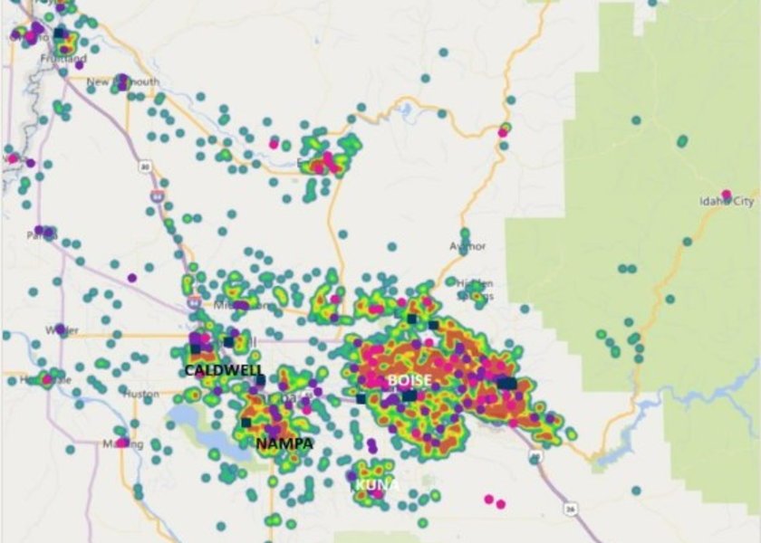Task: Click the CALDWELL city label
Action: (224, 370)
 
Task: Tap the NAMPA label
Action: (284, 443)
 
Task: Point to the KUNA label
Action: (377, 485)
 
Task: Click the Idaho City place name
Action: (727, 202)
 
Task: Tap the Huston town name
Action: (141, 394)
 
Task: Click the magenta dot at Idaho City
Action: (726, 194)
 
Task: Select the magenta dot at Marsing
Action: (122, 443)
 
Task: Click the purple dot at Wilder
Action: (60, 329)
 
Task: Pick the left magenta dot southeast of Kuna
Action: (489, 499)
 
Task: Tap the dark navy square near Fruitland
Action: (59, 33)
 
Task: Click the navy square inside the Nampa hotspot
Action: (246, 422)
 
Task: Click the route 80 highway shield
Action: (145, 167)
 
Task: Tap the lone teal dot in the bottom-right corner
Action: (636, 491)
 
